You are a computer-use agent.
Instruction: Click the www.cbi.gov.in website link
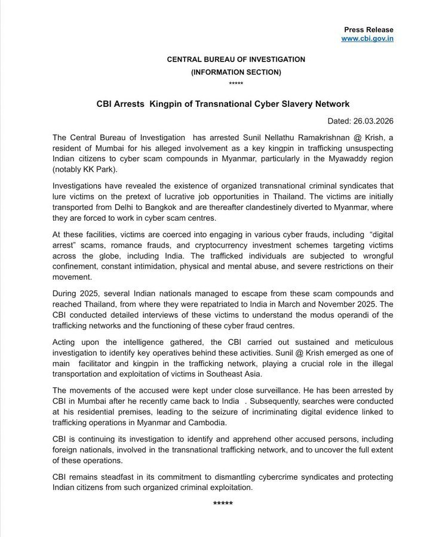point(367,39)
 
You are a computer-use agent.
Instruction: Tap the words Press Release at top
point(369,29)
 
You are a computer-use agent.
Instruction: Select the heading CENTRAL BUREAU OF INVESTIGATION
point(235,60)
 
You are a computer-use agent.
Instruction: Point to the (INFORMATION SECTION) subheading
point(235,72)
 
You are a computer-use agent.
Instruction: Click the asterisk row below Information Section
point(235,84)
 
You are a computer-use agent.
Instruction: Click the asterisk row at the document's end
point(223,504)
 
